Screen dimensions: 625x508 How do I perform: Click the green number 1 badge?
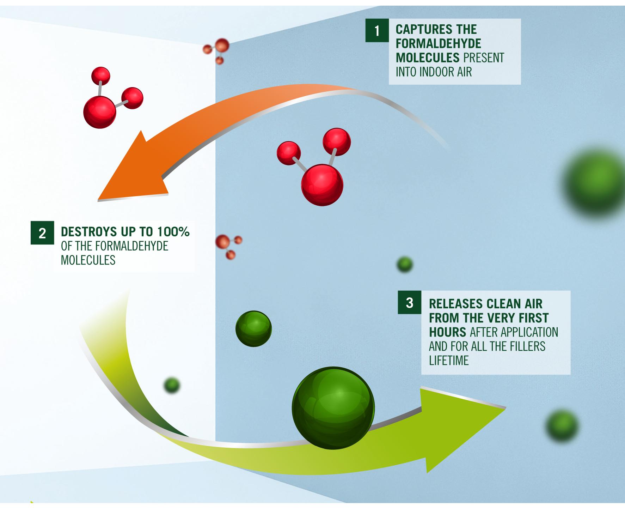(x=377, y=31)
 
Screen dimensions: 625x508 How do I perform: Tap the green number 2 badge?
(x=42, y=233)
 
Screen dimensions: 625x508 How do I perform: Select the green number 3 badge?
(x=409, y=302)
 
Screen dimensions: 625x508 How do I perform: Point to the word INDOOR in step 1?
(x=433, y=72)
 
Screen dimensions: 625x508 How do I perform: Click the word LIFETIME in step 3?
(x=449, y=361)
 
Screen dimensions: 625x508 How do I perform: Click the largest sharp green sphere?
(x=333, y=408)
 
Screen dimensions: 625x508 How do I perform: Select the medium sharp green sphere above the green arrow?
(x=253, y=328)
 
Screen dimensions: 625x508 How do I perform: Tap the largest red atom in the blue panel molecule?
(x=322, y=185)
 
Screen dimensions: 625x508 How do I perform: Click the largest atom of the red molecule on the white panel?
(x=100, y=113)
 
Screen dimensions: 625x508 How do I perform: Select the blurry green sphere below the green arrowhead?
(x=562, y=426)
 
